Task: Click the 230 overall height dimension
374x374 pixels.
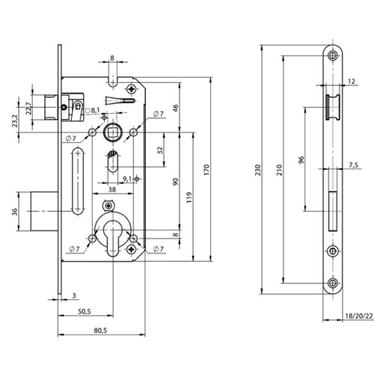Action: tap(258, 170)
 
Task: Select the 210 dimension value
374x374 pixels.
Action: tap(280, 170)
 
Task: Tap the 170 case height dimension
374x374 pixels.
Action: tap(206, 170)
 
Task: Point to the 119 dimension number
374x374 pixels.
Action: tap(189, 197)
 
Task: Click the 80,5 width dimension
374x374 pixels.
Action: tap(100, 331)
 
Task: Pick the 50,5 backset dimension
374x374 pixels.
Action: tap(85, 311)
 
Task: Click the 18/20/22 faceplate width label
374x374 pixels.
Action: tap(359, 316)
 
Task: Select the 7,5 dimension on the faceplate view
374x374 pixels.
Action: tap(353, 165)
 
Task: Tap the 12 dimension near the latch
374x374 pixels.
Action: tap(352, 81)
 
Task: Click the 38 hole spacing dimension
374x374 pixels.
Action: tap(112, 189)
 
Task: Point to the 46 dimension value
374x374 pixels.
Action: tap(176, 108)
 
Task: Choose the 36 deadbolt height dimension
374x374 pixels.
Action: tap(15, 212)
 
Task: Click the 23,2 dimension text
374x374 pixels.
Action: tap(15, 121)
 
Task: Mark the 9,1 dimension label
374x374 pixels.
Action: tap(127, 179)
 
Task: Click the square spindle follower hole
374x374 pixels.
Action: tap(113, 132)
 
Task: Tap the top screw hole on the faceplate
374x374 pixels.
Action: tap(333, 55)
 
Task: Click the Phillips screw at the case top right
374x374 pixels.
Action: tap(132, 89)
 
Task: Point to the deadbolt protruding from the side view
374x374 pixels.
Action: tap(44, 211)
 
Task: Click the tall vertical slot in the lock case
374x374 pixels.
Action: tap(78, 181)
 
